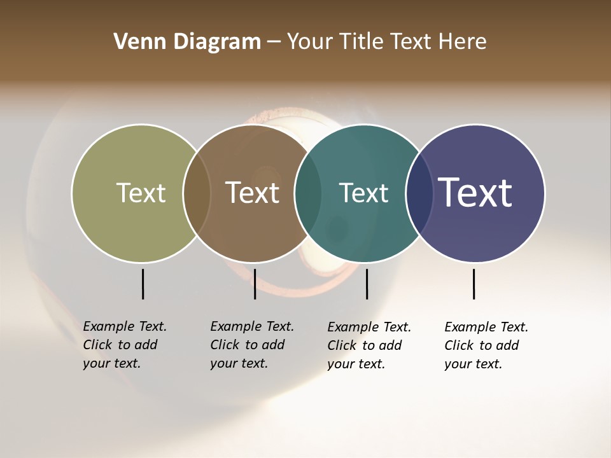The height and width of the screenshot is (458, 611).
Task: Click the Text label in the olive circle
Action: [x=141, y=193]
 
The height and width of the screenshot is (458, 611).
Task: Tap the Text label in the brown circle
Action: [x=253, y=193]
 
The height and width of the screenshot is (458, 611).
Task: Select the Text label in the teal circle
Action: [x=363, y=193]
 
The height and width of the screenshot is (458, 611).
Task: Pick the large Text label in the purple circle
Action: [x=475, y=192]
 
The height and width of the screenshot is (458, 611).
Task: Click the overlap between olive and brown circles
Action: [x=197, y=193]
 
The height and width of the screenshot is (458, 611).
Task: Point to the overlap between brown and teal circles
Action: [x=308, y=193]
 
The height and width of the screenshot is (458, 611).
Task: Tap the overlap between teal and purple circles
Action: [x=419, y=193]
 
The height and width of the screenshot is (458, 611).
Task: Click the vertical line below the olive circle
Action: [x=143, y=284]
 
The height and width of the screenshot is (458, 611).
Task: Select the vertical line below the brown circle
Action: [x=255, y=284]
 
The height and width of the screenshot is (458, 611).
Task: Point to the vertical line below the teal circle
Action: [x=367, y=284]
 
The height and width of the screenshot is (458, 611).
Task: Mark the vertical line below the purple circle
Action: [x=474, y=284]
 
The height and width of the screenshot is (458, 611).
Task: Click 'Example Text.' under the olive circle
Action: [x=125, y=326]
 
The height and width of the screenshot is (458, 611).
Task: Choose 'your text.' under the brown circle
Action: [x=239, y=363]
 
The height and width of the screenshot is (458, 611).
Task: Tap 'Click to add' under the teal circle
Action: [x=365, y=345]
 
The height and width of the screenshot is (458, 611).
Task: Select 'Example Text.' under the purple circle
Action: [x=486, y=327]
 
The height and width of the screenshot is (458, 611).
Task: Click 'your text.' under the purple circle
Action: [x=473, y=364]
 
